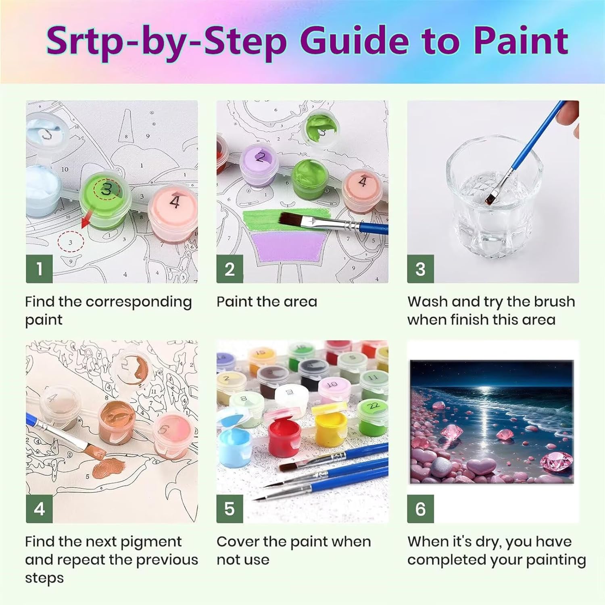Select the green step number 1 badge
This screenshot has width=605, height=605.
click(x=39, y=269)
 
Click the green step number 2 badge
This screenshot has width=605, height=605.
click(x=229, y=269)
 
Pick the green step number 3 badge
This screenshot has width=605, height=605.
click(x=420, y=269)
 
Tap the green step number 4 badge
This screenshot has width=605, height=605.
click(x=39, y=509)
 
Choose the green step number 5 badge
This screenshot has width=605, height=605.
click(x=229, y=509)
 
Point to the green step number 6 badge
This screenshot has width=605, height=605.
click(x=420, y=509)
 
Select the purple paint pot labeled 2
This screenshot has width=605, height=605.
click(x=259, y=166)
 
